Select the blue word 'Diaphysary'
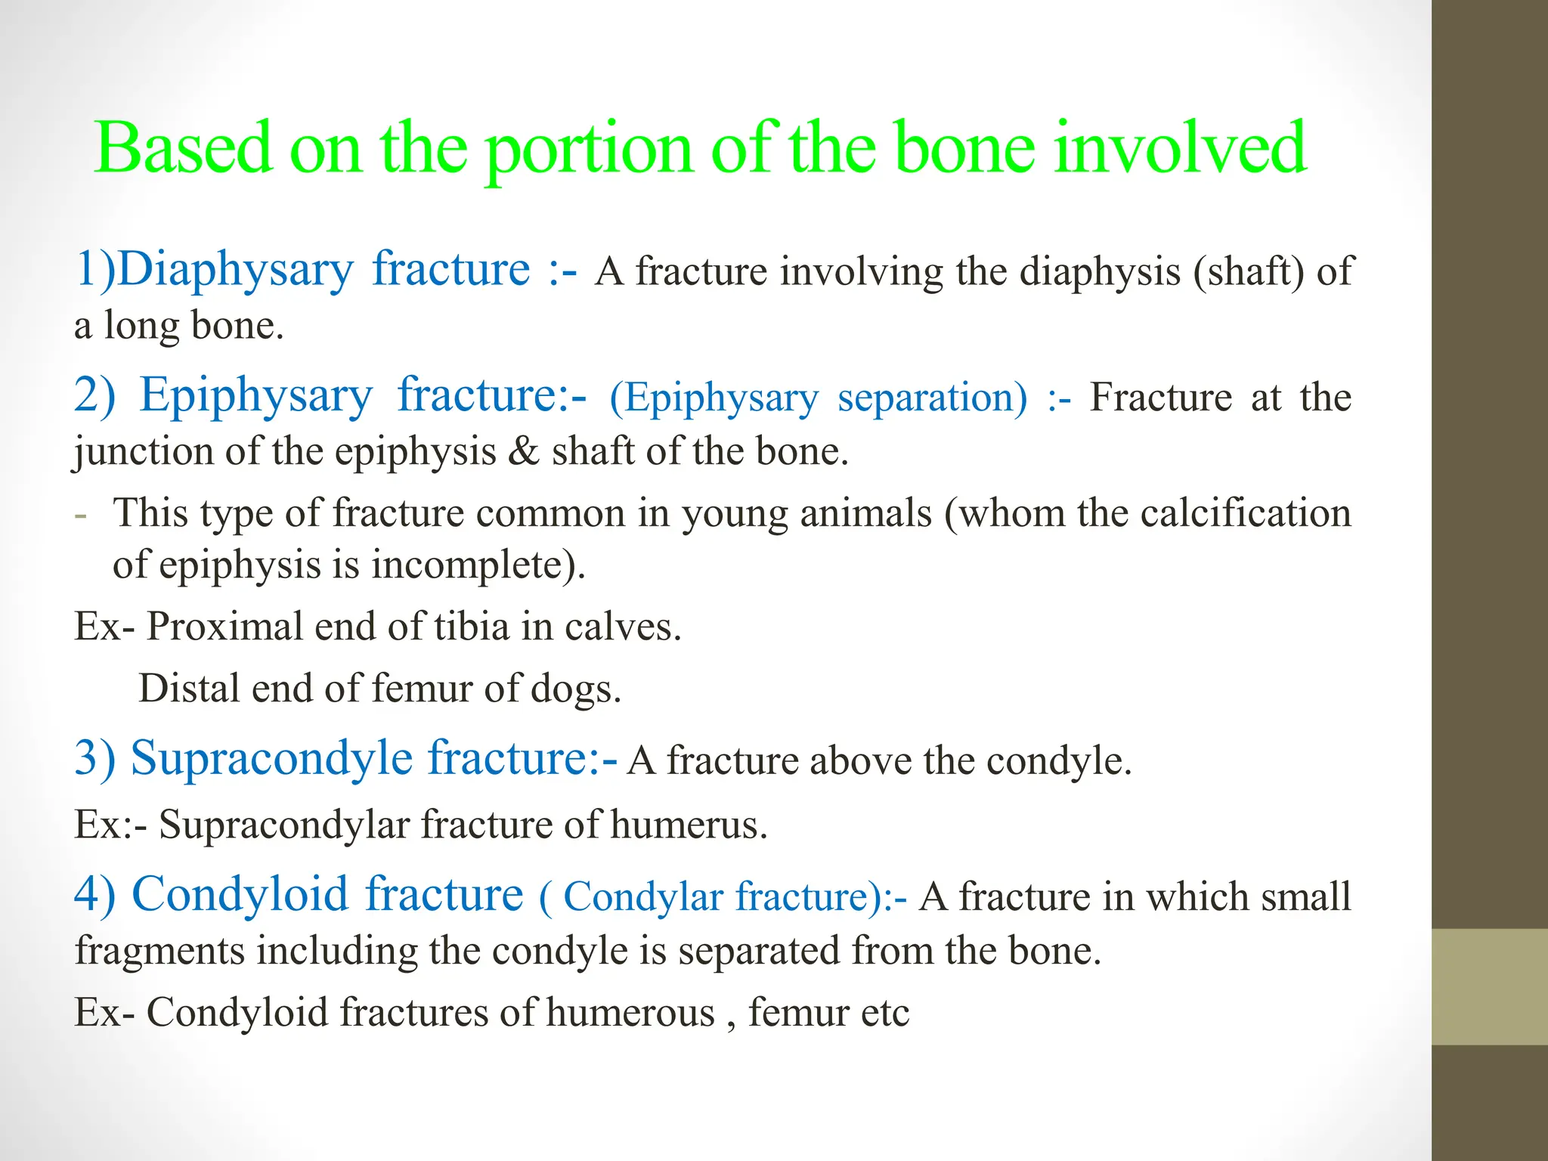[x=235, y=271]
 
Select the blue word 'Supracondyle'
[x=272, y=759]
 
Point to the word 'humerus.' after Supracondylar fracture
[x=689, y=824]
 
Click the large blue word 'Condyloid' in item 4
[x=240, y=895]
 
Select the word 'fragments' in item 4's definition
[x=159, y=951]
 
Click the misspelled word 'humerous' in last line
[x=630, y=1012]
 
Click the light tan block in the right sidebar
[x=1489, y=986]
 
